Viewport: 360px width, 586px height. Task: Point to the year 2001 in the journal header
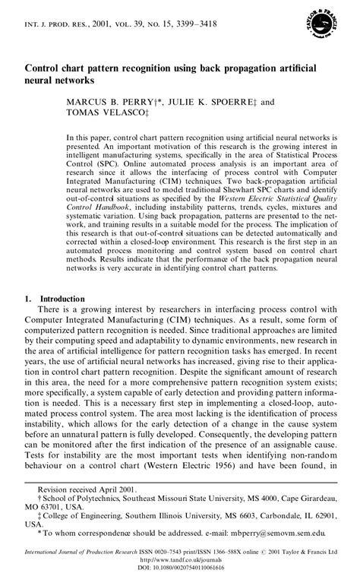(102, 24)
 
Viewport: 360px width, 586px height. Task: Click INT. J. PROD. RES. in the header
(55, 24)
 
